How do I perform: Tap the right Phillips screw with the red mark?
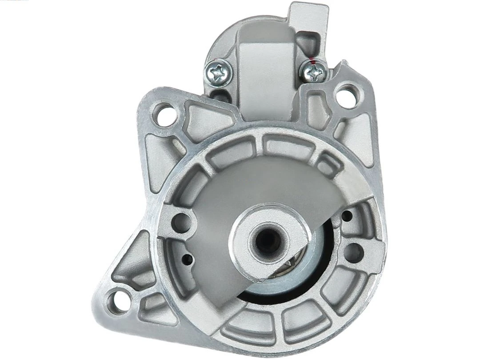click(314, 71)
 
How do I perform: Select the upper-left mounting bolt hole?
click(164, 114)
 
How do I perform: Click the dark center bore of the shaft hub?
click(268, 240)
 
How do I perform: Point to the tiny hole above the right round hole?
click(347, 216)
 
